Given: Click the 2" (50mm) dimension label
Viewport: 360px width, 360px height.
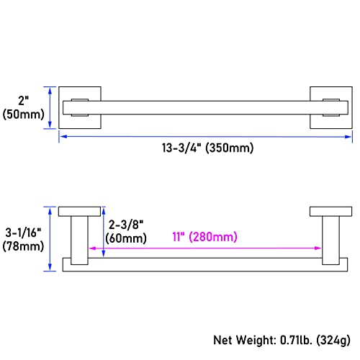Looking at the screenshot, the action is click(23, 107).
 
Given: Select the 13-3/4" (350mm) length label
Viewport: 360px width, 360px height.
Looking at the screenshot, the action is click(207, 148).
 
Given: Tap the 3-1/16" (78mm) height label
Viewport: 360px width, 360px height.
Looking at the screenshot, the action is click(23, 239).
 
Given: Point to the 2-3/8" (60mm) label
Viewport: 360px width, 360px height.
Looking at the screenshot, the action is click(126, 231).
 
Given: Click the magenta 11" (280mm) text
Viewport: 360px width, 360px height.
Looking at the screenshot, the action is click(205, 237).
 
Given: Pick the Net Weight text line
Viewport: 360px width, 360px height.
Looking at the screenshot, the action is click(282, 341).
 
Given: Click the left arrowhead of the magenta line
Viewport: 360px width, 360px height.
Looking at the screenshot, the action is click(92, 248).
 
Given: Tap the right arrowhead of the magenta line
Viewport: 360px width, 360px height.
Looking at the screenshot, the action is click(318, 248).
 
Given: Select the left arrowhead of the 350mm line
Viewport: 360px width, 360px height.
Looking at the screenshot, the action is click(63, 137).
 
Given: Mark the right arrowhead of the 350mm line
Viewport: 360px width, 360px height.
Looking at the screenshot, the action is click(348, 137).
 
